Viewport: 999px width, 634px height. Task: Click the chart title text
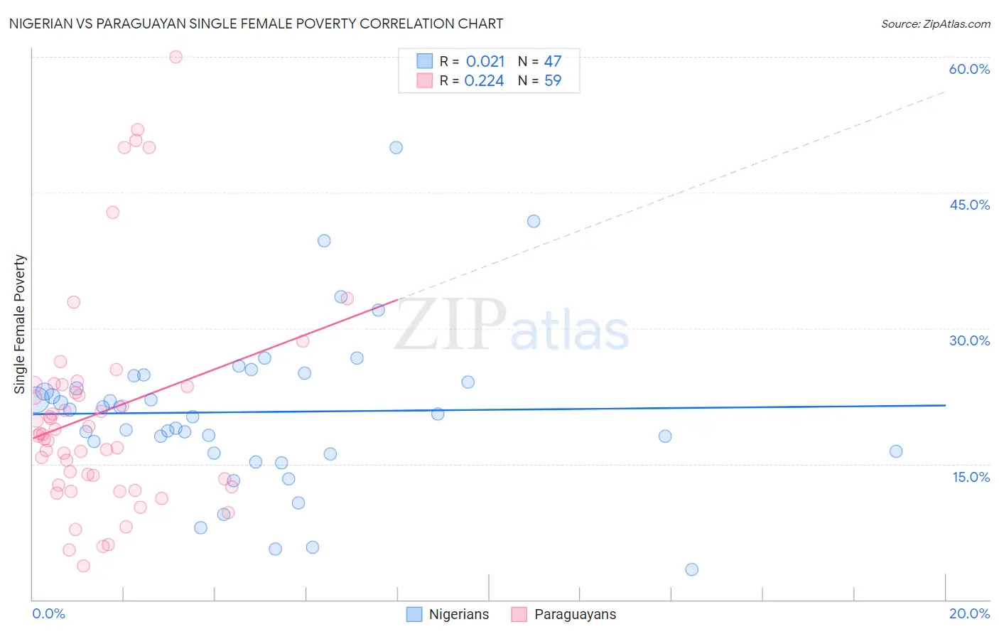click(256, 23)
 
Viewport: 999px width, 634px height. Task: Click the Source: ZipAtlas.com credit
click(935, 24)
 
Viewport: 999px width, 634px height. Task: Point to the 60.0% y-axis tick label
click(969, 69)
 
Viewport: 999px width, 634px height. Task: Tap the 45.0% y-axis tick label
click(969, 205)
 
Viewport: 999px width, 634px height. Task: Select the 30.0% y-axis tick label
click(969, 340)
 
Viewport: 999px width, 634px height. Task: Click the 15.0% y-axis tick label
click(971, 477)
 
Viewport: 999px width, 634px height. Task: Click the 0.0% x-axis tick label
click(48, 613)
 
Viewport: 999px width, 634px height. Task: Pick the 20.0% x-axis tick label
click(969, 613)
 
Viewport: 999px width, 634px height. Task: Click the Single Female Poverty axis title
click(20, 324)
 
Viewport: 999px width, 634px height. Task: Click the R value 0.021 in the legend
click(485, 62)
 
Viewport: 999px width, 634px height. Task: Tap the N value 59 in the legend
click(553, 81)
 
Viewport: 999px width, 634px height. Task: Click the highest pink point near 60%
click(175, 57)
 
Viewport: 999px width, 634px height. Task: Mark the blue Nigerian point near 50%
click(396, 148)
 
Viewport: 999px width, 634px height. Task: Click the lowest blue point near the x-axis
click(691, 569)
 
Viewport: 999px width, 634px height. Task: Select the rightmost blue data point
click(896, 451)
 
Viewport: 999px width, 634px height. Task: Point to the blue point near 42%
click(534, 221)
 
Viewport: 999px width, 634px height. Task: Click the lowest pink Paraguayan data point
click(83, 566)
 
